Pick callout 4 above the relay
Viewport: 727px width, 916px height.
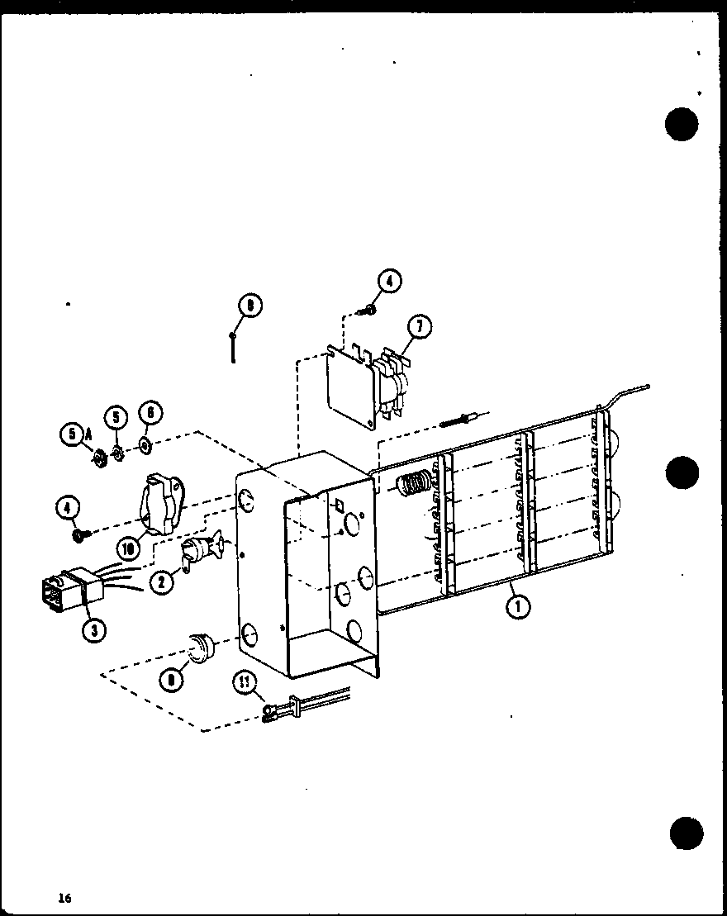(389, 282)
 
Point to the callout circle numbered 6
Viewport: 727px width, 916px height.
(150, 411)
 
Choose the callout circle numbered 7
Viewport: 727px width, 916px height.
(419, 328)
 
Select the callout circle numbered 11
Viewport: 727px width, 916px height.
(246, 682)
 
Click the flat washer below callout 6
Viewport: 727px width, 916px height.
(145, 447)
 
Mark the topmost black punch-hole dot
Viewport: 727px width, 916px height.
(682, 125)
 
